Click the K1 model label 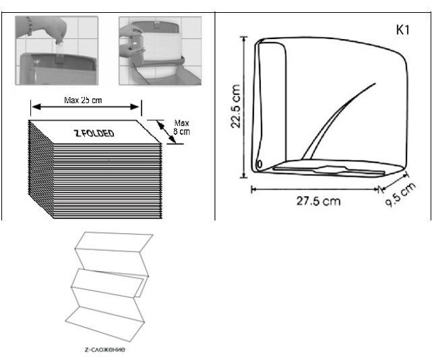(403, 30)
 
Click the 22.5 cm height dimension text (236, 106)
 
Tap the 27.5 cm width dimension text (318, 201)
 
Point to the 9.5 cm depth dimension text (400, 195)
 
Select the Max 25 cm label (83, 100)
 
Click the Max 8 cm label (181, 127)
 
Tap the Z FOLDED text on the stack (94, 133)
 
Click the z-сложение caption (105, 349)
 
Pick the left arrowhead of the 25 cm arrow (36, 107)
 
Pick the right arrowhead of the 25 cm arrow (135, 107)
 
